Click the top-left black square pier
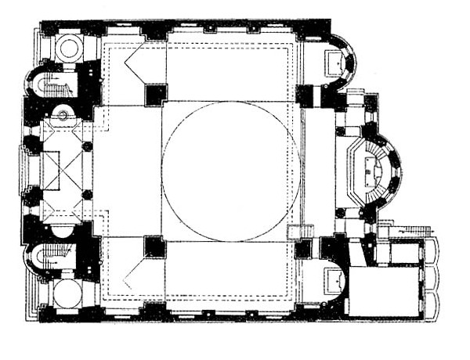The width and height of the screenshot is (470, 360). (x=155, y=95)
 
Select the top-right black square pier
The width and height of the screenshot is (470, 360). (x=305, y=95)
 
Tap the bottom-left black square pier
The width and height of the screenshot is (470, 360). (x=155, y=247)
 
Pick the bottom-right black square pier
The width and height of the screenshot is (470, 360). (x=304, y=249)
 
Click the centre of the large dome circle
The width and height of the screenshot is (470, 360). (x=231, y=171)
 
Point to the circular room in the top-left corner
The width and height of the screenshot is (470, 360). (x=69, y=48)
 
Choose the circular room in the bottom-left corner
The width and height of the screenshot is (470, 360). (x=67, y=293)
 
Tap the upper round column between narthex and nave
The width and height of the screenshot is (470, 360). (x=87, y=146)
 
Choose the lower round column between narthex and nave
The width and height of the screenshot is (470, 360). (x=87, y=194)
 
